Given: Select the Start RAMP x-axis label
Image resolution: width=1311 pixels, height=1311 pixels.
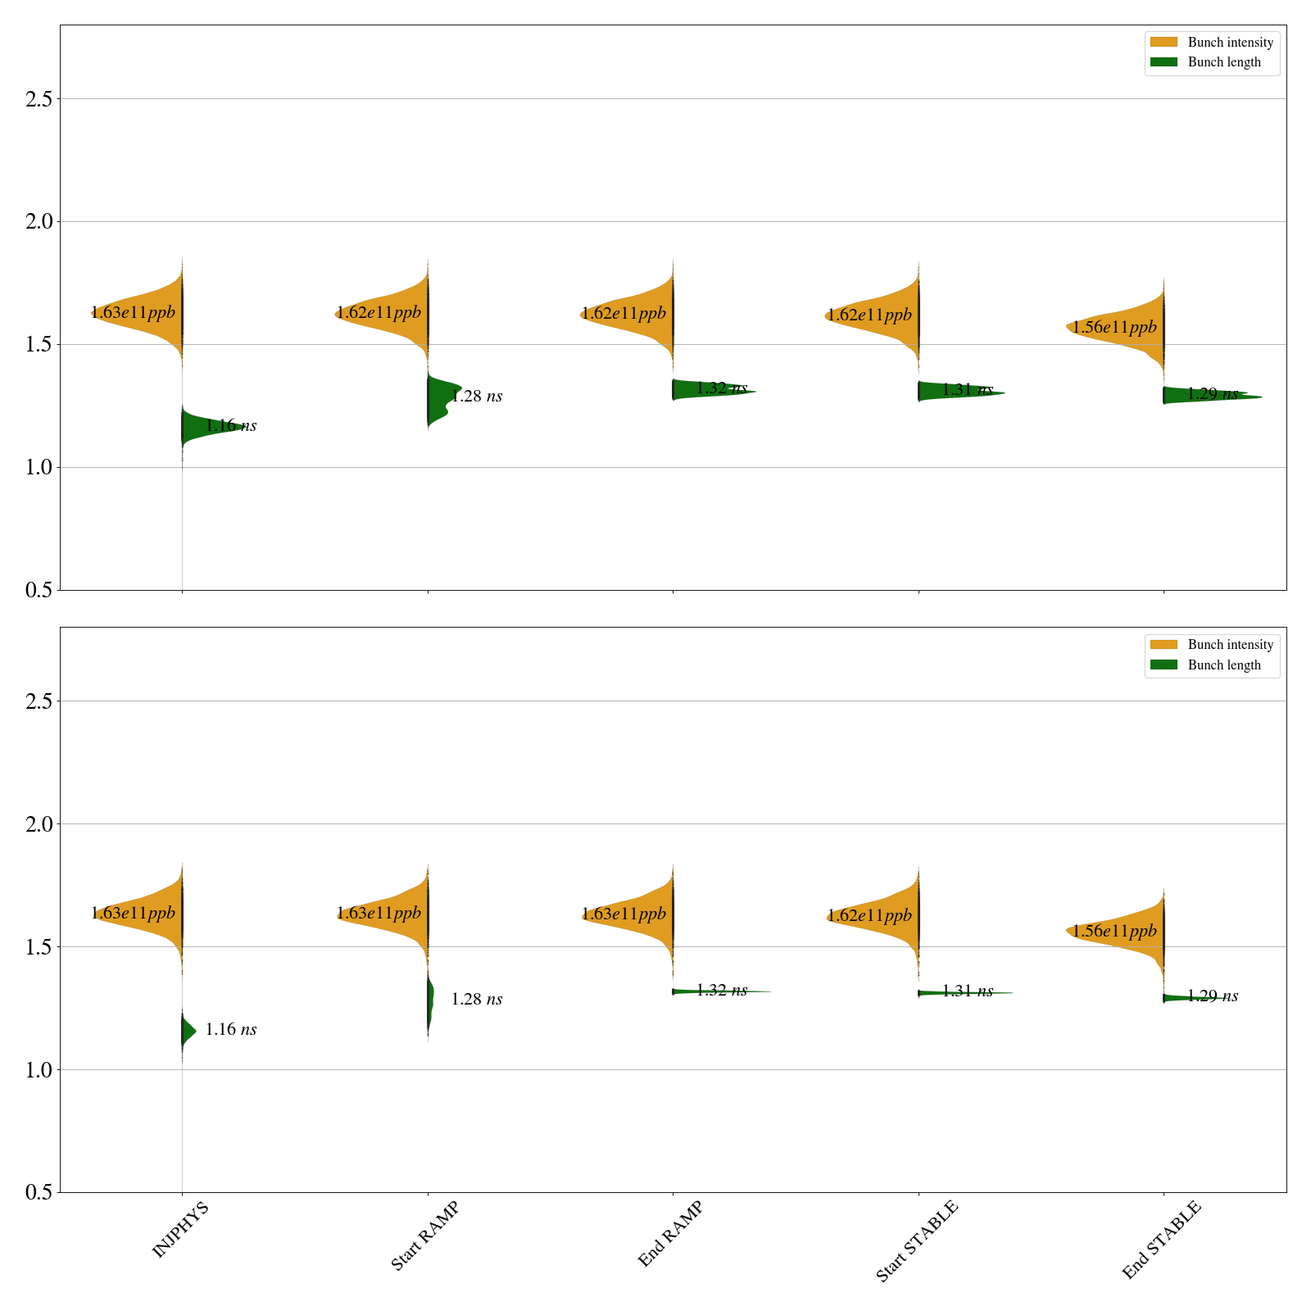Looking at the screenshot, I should click(x=424, y=1236).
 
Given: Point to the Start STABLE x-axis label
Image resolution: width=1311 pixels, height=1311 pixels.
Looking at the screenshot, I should click(x=916, y=1241).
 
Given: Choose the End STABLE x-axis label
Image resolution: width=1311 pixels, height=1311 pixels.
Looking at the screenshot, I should click(x=1161, y=1239).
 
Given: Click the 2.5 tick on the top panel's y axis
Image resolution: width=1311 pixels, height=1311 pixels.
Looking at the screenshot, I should click(x=39, y=99).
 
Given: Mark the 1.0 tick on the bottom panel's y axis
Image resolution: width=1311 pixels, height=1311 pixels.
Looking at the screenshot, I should click(x=39, y=1070).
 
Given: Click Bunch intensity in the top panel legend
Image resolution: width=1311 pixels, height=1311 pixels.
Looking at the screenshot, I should click(x=1230, y=43).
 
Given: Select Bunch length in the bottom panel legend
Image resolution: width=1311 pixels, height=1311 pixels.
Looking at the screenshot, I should click(x=1224, y=665).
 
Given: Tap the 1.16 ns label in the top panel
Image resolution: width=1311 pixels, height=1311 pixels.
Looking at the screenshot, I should click(x=230, y=425).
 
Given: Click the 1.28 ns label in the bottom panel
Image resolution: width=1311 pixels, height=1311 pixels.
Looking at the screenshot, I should click(x=476, y=999).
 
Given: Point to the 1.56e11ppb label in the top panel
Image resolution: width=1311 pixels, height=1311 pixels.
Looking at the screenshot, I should click(x=1114, y=328).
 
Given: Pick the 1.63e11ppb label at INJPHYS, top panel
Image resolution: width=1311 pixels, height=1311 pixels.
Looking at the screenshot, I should click(x=133, y=312).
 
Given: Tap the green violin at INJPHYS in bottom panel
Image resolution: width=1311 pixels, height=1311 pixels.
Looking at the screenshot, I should click(x=188, y=1031).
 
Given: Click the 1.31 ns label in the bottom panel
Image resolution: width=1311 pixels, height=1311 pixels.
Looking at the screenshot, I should click(x=967, y=991).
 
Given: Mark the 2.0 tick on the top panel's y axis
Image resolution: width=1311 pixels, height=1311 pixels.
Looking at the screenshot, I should click(x=39, y=222).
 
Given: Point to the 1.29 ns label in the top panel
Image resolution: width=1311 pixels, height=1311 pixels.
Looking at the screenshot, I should click(x=1212, y=394).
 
